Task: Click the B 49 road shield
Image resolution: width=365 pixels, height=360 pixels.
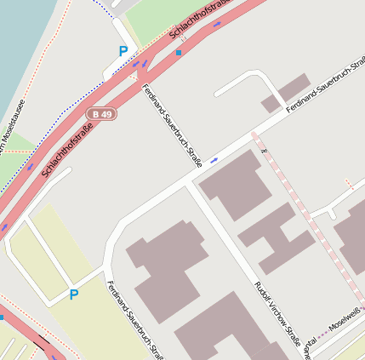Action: click(x=101, y=114)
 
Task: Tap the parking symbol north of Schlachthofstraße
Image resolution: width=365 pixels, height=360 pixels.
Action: click(x=123, y=51)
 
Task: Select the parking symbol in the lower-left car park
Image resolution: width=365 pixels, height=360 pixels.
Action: click(x=74, y=295)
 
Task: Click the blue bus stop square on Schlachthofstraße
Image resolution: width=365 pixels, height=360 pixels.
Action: click(x=179, y=53)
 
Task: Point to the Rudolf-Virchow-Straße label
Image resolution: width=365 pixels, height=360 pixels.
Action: click(x=278, y=314)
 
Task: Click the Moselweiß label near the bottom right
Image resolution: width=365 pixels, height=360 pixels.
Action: click(x=345, y=322)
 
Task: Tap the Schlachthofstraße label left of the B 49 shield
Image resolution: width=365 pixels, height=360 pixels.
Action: click(x=66, y=151)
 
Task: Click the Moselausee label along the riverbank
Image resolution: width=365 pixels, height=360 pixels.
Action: click(x=12, y=128)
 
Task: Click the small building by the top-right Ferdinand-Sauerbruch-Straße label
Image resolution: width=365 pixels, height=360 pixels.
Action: click(x=286, y=94)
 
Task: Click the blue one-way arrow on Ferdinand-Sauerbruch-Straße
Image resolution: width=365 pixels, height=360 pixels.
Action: click(x=214, y=159)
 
